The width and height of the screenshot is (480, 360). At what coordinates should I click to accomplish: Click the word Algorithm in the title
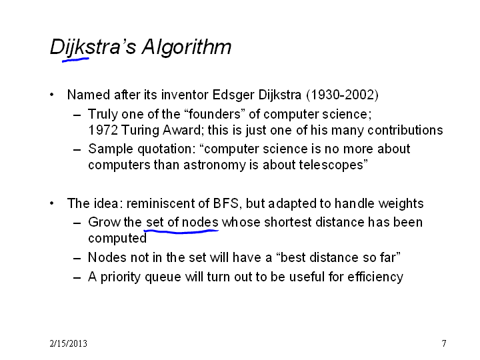(x=187, y=48)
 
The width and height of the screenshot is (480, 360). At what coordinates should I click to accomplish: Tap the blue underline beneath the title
(x=75, y=60)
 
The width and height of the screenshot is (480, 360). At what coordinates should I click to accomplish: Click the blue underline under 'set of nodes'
(x=181, y=231)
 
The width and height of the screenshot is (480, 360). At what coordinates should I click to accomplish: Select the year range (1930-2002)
(x=342, y=95)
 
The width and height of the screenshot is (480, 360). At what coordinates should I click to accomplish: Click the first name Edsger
(x=233, y=95)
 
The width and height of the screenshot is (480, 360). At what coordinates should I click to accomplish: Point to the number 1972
(x=103, y=130)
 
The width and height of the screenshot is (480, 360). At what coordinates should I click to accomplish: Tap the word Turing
(x=140, y=131)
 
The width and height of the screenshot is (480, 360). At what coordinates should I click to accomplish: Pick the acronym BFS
(x=225, y=203)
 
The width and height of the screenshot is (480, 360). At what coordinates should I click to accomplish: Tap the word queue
(x=163, y=277)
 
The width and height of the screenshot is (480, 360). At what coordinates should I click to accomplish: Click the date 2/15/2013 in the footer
(x=68, y=343)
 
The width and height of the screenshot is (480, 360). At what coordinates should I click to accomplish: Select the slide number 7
(x=444, y=343)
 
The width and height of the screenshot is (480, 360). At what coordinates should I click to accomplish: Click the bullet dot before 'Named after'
(x=52, y=95)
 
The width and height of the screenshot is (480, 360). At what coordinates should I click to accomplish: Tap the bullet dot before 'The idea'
(x=52, y=203)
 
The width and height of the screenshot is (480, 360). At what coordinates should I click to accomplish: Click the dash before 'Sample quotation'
(x=77, y=150)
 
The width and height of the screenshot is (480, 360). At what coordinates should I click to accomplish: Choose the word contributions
(x=405, y=131)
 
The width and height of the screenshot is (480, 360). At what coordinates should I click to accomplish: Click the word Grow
(x=105, y=222)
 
